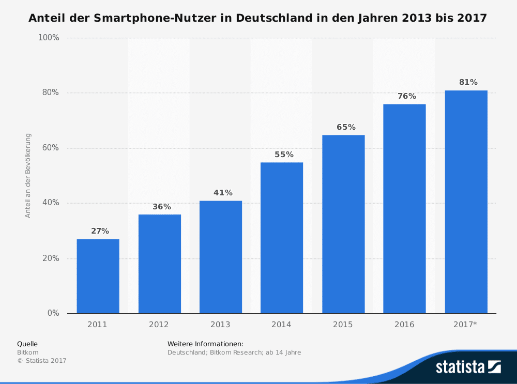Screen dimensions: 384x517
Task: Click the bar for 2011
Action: pyautogui.click(x=98, y=276)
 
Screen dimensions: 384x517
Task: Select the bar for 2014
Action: pyautogui.click(x=282, y=238)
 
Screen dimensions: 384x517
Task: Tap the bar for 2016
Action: pyautogui.click(x=404, y=209)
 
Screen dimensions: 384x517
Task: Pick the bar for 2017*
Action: pyautogui.click(x=466, y=202)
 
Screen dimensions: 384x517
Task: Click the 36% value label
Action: pyautogui.click(x=161, y=207)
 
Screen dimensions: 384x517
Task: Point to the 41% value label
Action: pyautogui.click(x=223, y=193)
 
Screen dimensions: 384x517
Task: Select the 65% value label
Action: pyautogui.click(x=346, y=127)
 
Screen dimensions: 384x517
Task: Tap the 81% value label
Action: pyautogui.click(x=468, y=82)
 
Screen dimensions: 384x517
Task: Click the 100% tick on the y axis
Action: pyautogui.click(x=49, y=38)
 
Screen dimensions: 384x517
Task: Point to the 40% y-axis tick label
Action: pyautogui.click(x=51, y=203)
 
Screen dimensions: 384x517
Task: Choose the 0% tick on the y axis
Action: pyautogui.click(x=53, y=313)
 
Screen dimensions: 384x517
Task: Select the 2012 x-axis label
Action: pyautogui.click(x=159, y=325)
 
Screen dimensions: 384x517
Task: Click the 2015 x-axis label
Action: pyautogui.click(x=343, y=325)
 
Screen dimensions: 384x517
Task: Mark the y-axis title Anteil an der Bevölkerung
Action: pyautogui.click(x=28, y=176)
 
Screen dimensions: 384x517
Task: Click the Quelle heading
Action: pyautogui.click(x=27, y=344)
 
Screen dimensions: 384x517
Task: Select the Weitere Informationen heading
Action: pyautogui.click(x=205, y=344)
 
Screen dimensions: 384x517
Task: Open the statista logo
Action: pyautogui.click(x=468, y=367)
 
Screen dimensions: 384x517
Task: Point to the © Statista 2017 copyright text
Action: pyautogui.click(x=42, y=361)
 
